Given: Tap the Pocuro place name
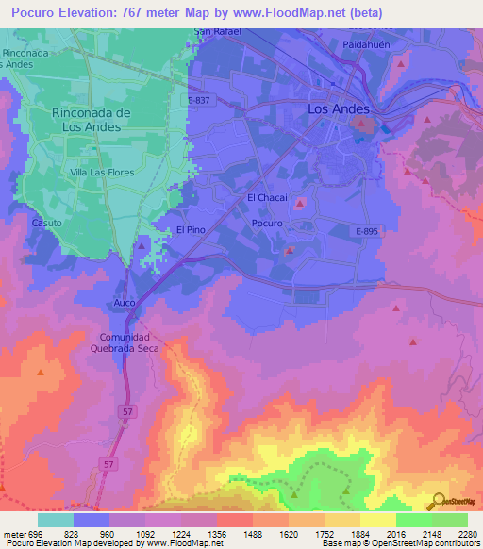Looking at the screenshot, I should pyautogui.click(x=268, y=224).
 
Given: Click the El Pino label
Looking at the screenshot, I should pyautogui.click(x=191, y=230).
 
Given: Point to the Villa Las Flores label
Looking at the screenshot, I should pyautogui.click(x=102, y=173).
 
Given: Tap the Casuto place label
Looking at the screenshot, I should pyautogui.click(x=46, y=224).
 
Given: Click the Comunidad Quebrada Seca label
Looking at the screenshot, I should pyautogui.click(x=132, y=342).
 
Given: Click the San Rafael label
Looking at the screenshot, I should pyautogui.click(x=218, y=31).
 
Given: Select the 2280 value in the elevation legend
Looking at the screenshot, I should pyautogui.click(x=466, y=534).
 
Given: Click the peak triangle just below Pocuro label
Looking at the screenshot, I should pyautogui.click(x=290, y=250).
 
